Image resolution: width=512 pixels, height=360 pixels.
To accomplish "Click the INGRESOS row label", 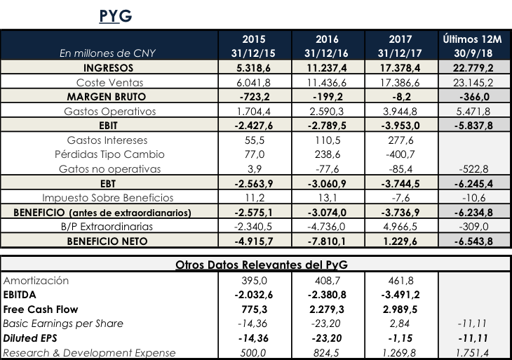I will [x=109, y=68].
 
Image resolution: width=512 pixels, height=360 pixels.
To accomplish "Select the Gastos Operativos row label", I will [x=109, y=111].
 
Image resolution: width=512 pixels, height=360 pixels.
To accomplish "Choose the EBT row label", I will [x=109, y=183].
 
